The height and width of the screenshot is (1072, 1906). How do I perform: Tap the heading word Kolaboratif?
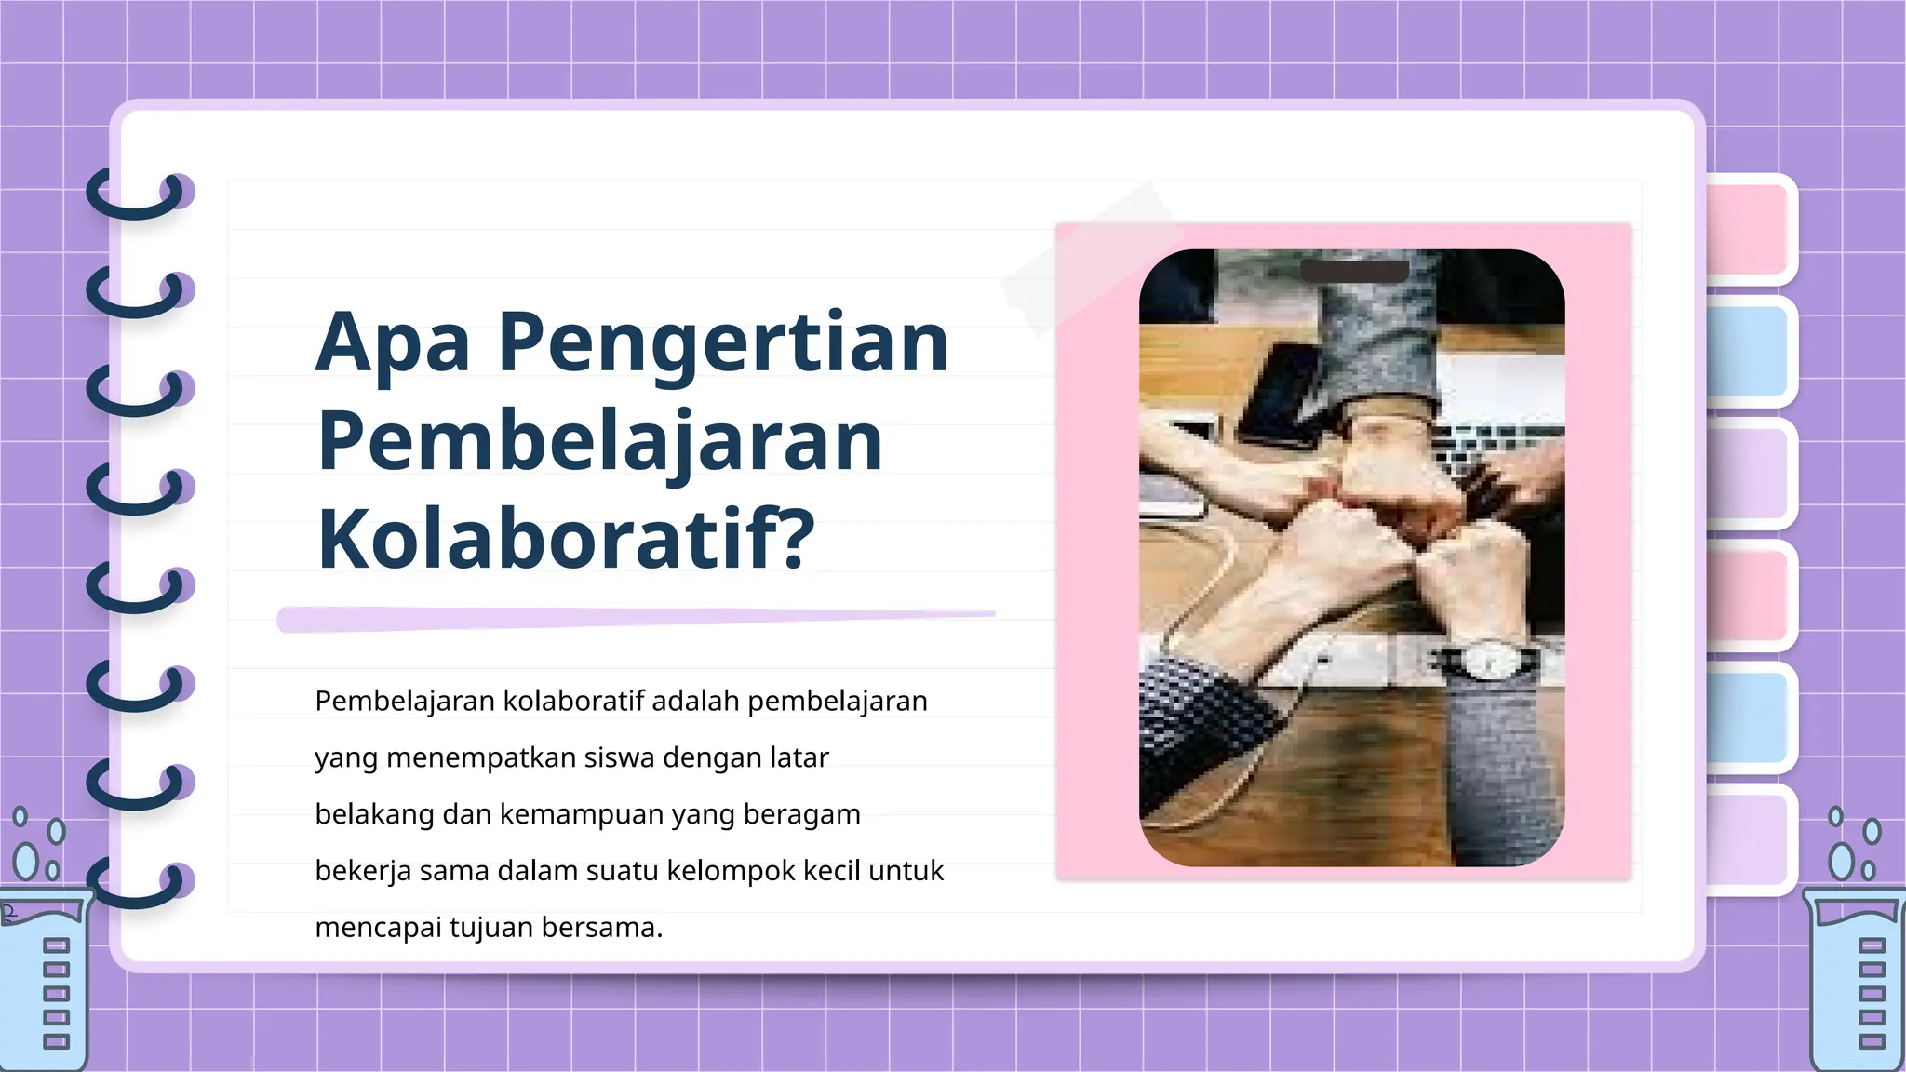(x=566, y=540)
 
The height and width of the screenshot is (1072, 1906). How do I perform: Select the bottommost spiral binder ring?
(x=140, y=884)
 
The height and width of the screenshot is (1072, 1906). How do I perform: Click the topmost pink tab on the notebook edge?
(x=1748, y=229)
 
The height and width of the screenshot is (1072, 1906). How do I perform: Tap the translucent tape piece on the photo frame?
(x=1089, y=256)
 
